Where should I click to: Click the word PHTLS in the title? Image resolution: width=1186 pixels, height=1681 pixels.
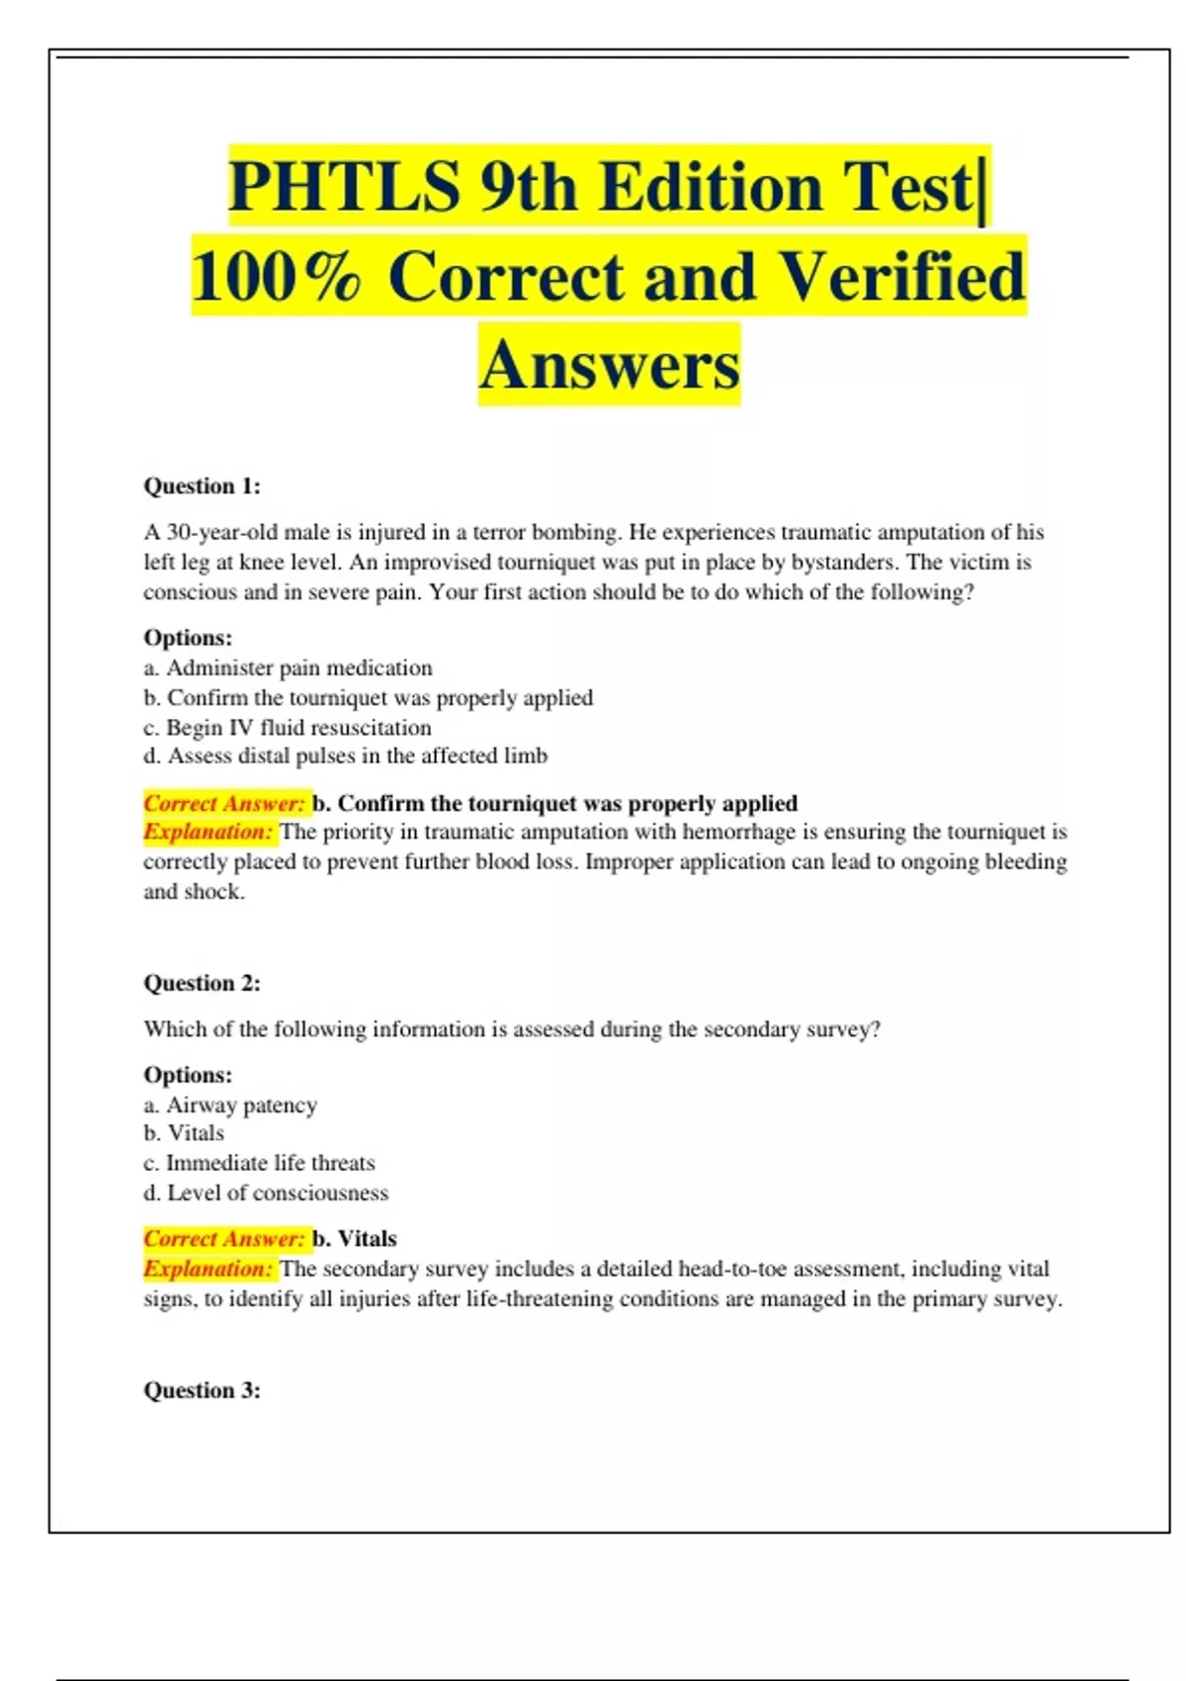tap(344, 187)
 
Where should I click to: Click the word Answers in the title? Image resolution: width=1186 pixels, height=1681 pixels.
tap(609, 365)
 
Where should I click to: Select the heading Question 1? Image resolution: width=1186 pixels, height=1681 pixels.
tap(202, 486)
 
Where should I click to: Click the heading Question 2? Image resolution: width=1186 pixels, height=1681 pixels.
tap(202, 983)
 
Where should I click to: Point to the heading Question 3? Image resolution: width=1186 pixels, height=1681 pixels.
tap(202, 1390)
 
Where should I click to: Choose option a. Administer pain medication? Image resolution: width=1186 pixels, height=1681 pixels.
tap(288, 667)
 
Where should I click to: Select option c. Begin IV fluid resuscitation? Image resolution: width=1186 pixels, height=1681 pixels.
tap(288, 728)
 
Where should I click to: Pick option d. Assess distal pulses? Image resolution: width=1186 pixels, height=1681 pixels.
tap(345, 756)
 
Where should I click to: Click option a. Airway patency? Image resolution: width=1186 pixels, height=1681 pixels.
tap(230, 1105)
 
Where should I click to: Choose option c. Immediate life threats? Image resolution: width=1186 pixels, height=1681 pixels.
tap(259, 1163)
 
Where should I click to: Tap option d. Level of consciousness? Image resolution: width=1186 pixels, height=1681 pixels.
tap(266, 1193)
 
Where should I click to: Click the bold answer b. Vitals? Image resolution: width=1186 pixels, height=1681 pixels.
tap(355, 1239)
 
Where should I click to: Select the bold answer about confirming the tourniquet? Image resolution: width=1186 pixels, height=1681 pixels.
tap(555, 803)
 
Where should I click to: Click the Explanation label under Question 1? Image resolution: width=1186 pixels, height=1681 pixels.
tap(208, 832)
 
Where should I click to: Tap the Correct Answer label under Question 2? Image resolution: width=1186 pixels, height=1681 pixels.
tap(224, 1239)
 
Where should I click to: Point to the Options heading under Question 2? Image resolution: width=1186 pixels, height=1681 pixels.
tap(188, 1075)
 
